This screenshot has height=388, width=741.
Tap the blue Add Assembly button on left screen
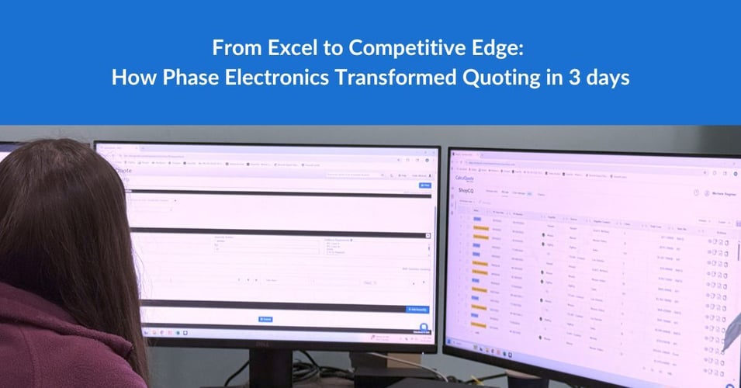point(417,309)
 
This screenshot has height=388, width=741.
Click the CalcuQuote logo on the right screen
point(466,178)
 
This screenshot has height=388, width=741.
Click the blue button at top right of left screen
point(424,185)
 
